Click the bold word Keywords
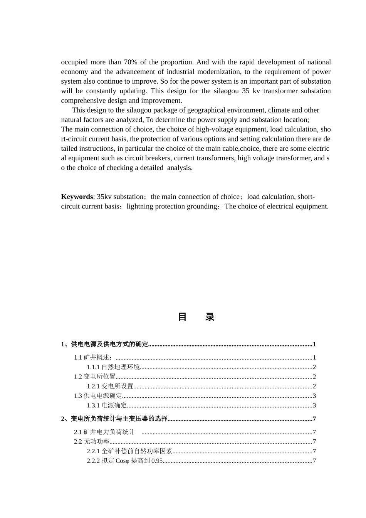77,197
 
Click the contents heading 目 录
196,317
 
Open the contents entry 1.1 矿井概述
94,357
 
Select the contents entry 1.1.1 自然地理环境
113,367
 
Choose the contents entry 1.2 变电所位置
95,377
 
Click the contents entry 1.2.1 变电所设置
110,386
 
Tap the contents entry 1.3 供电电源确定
98,396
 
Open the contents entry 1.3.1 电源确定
107,405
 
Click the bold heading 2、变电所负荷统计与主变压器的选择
114,419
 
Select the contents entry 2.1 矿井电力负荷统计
104,432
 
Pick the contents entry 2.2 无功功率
92,442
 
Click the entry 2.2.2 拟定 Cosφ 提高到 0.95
125,461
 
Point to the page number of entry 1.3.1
314,405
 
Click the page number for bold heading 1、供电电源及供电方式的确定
314,344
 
